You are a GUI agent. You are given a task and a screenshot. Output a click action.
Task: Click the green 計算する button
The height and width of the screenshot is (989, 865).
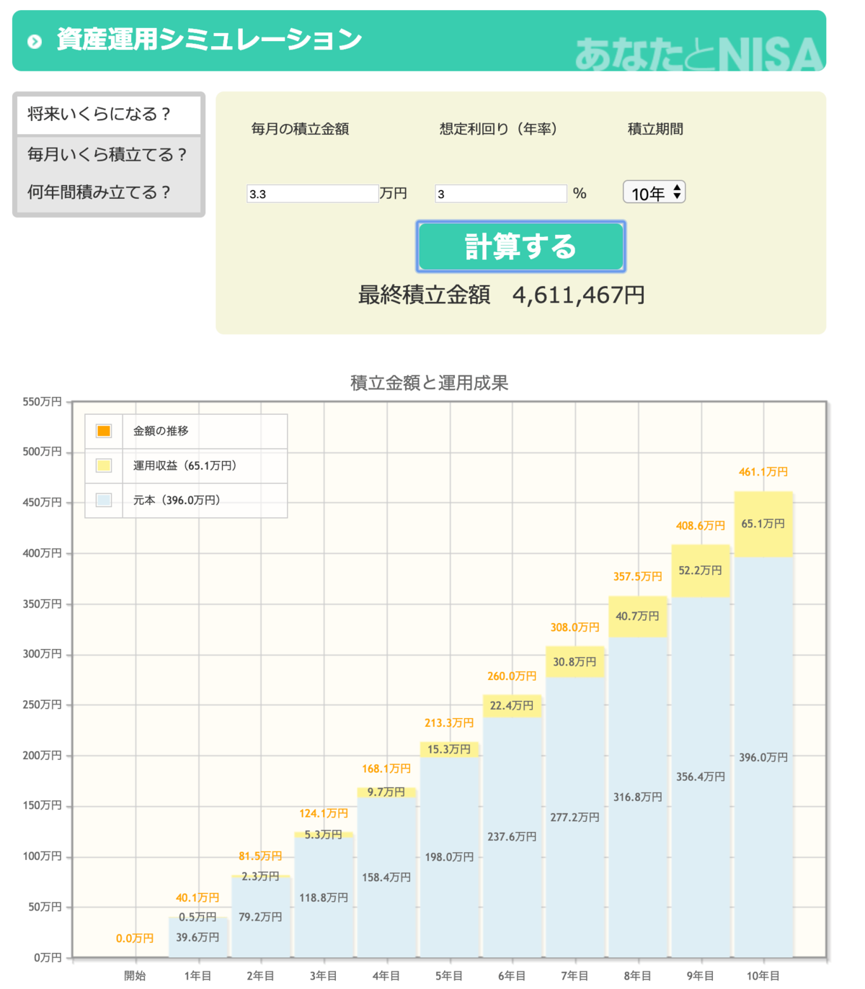coord(520,246)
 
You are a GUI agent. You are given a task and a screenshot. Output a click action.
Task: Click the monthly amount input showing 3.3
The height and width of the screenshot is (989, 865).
coord(312,194)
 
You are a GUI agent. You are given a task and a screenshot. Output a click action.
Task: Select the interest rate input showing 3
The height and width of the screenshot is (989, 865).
coord(500,194)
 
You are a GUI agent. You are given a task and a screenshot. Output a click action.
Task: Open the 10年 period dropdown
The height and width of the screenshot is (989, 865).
coord(654,193)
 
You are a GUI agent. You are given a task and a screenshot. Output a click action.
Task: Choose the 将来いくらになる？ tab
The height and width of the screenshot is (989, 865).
coord(108,115)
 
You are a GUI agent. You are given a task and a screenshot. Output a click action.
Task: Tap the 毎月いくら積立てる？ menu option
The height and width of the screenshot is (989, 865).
coord(108,154)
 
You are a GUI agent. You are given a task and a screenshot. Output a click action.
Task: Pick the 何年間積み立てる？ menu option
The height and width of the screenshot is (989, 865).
coord(99,192)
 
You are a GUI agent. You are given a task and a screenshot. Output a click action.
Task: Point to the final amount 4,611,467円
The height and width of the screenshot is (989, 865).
coord(578,295)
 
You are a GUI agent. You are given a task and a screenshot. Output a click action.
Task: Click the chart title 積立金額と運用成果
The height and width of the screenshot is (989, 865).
coord(430,382)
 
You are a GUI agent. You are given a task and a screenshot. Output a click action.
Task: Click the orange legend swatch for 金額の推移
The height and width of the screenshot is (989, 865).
coord(104,431)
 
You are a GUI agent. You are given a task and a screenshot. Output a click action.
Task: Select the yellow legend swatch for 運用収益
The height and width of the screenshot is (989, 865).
coord(104,465)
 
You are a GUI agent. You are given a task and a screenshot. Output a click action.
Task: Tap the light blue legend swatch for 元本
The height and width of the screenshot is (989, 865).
coord(104,500)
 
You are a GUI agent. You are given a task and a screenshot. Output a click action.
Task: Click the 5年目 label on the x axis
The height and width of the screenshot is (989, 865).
coord(449,976)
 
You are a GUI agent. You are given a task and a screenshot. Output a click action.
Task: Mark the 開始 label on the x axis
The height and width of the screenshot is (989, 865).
coord(135,976)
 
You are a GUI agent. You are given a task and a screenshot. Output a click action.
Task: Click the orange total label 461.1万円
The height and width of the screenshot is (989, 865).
coord(763,472)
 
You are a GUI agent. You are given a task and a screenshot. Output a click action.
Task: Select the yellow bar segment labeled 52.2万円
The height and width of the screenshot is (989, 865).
coord(701,570)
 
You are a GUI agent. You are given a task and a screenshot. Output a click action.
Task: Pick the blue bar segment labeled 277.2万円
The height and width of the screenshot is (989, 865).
coord(575,818)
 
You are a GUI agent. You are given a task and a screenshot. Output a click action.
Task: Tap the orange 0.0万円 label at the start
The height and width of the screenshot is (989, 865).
coord(135,939)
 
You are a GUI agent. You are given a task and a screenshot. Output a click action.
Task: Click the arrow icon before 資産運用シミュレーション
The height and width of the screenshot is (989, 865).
coord(35,41)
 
